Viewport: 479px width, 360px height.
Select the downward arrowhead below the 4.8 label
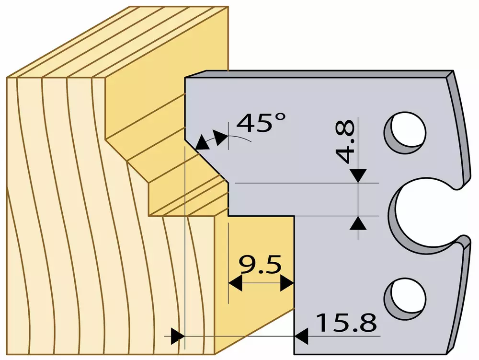tap(358, 175)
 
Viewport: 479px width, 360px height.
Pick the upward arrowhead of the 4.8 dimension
tap(358, 223)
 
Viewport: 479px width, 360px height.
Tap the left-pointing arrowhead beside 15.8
tap(301, 336)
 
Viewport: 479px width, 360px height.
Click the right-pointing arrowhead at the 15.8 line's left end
tap(178, 336)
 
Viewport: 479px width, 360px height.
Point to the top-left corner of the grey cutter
tap(185, 77)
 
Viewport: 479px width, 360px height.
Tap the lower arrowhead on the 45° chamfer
tap(202, 143)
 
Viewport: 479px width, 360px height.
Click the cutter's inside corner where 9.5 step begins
tap(294, 216)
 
